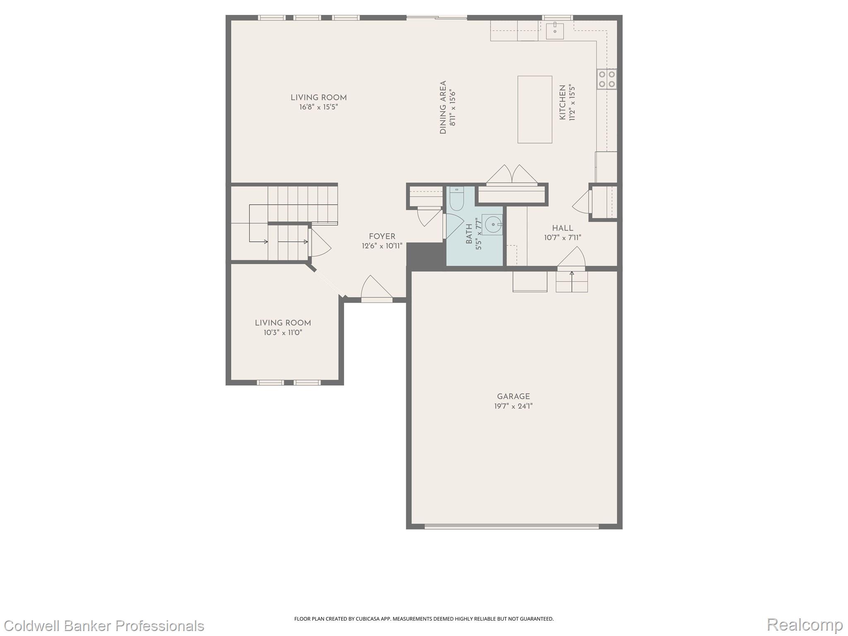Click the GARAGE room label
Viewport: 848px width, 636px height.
click(x=513, y=396)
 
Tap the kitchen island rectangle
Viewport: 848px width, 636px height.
click(x=535, y=109)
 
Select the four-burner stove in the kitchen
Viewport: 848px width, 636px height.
click(x=606, y=79)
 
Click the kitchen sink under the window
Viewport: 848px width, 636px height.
click(x=554, y=31)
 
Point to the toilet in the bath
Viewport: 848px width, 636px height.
click(x=456, y=200)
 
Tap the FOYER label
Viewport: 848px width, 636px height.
click(x=382, y=236)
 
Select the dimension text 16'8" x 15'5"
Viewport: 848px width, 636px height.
click(x=318, y=107)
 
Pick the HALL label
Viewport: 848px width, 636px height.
click(x=562, y=228)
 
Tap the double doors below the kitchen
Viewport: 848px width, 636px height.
click(x=512, y=174)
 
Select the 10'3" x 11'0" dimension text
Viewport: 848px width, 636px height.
click(x=283, y=332)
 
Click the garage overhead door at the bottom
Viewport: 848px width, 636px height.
click(x=511, y=527)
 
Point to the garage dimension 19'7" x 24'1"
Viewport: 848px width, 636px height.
click(x=513, y=406)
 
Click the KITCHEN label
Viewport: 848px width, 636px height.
click(x=562, y=102)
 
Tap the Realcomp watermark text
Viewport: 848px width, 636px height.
click(x=805, y=624)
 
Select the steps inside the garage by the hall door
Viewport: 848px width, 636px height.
click(x=571, y=282)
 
